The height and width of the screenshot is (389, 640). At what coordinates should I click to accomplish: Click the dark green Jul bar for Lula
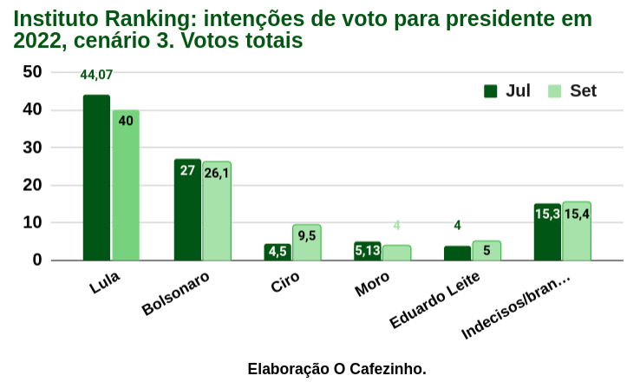click(x=96, y=178)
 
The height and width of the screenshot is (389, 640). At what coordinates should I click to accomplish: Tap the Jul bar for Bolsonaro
click(x=187, y=210)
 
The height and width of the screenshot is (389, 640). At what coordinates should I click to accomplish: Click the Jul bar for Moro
click(x=368, y=251)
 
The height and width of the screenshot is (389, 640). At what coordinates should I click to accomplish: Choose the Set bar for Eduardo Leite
click(x=487, y=251)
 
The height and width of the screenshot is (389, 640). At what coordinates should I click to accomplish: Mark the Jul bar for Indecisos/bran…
click(x=547, y=233)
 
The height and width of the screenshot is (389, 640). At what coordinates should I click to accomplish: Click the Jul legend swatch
click(x=491, y=91)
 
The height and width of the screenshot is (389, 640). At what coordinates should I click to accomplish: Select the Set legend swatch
click(x=555, y=91)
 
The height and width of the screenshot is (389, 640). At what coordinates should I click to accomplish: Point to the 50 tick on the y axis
click(x=32, y=72)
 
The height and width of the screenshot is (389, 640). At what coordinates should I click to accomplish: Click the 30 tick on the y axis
click(x=32, y=148)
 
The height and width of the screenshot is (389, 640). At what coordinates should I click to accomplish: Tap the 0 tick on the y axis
click(x=37, y=260)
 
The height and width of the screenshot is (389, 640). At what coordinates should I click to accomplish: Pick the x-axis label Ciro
click(x=285, y=283)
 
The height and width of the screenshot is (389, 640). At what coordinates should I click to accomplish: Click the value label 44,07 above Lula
click(x=96, y=76)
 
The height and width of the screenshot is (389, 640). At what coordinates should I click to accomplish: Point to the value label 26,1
click(x=217, y=173)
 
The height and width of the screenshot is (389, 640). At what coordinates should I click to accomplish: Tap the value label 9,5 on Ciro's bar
click(x=307, y=235)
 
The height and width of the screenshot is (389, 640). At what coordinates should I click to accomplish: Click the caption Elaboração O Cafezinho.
click(x=336, y=369)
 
